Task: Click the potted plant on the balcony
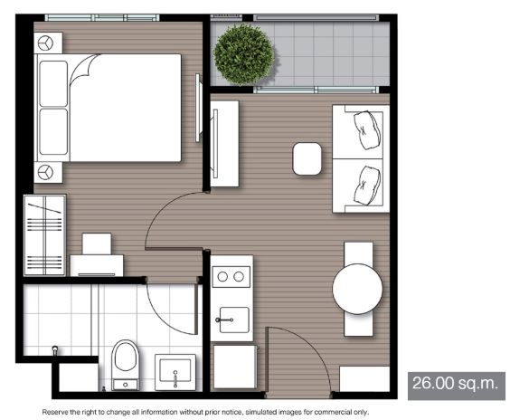[x=243, y=54]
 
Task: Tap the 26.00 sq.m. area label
[x=456, y=383]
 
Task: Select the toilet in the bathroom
[x=126, y=365]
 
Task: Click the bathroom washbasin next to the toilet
[x=175, y=372]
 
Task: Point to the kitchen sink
[x=234, y=320]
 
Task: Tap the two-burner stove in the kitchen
[x=231, y=277]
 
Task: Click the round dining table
[x=357, y=289]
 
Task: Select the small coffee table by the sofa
[x=307, y=159]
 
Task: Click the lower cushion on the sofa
[x=367, y=185]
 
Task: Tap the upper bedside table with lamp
[x=48, y=43]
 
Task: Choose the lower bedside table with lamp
[x=48, y=172]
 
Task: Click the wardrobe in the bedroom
[x=45, y=235]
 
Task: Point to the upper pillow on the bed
[x=53, y=83]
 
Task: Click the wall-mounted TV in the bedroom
[x=197, y=108]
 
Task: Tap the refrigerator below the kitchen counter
[x=235, y=367]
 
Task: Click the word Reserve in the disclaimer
[x=55, y=412]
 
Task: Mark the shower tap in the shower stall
[x=55, y=350]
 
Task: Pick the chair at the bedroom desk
[x=97, y=243]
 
